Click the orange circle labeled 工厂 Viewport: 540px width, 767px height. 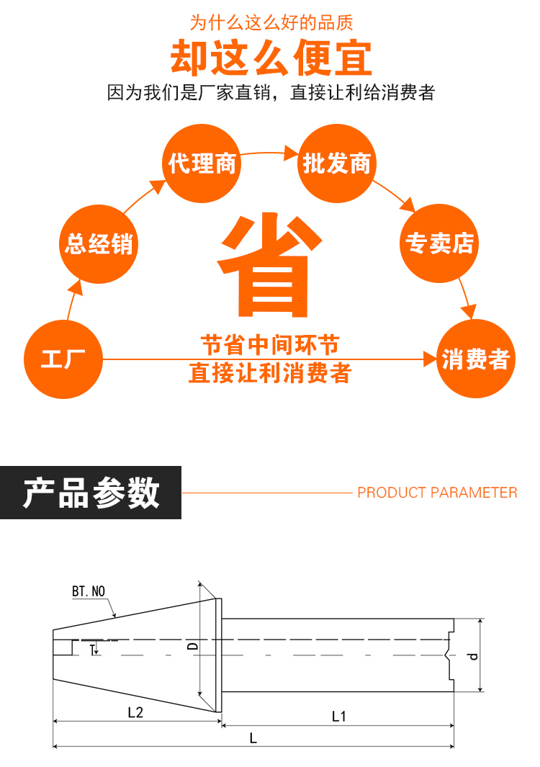(63, 359)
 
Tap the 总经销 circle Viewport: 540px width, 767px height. (99, 243)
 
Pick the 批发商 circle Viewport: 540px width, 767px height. (336, 163)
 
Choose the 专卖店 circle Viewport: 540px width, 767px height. (439, 243)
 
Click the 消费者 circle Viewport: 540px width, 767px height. (476, 359)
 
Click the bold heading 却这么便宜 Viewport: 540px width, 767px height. (271, 58)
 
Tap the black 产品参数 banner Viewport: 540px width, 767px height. (91, 493)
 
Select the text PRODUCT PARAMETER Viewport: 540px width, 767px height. (437, 493)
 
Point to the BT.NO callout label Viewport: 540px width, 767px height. (89, 591)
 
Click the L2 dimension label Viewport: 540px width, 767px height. (135, 713)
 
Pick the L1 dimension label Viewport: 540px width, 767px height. (338, 716)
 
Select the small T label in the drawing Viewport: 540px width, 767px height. (92, 650)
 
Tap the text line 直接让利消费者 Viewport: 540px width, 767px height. (270, 373)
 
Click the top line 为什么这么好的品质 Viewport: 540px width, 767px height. (271, 22)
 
